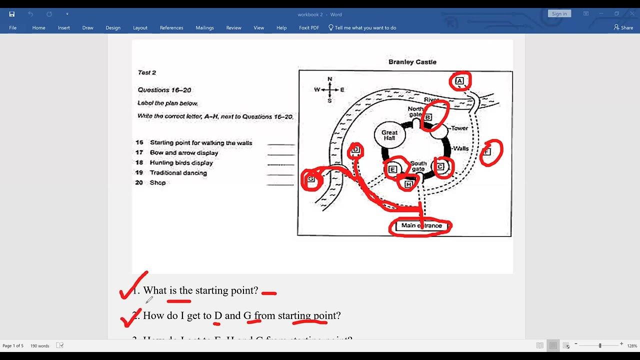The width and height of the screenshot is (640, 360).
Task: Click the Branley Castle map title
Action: [x=412, y=62]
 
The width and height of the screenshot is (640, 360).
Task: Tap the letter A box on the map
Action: [x=459, y=81]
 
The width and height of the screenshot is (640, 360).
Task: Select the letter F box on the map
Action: [x=487, y=151]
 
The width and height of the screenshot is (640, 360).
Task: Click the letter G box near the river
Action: [x=311, y=179]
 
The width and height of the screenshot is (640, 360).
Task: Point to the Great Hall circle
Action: [x=389, y=135]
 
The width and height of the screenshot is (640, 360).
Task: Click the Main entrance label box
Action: [x=421, y=225]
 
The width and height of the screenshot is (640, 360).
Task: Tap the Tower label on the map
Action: [x=459, y=128]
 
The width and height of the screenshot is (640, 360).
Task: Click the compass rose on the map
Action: [x=329, y=90]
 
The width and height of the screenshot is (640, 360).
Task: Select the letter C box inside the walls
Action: [x=440, y=167]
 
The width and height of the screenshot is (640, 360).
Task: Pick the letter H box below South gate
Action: [x=408, y=184]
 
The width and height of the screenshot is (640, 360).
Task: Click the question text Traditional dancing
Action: [x=178, y=173]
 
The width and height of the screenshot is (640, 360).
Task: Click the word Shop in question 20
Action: [x=157, y=183]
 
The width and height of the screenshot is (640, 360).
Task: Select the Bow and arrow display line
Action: [x=183, y=153]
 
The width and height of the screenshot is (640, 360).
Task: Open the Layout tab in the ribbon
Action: [x=140, y=28]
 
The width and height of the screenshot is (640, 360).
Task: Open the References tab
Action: [x=171, y=28]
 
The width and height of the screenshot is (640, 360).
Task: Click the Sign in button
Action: [x=559, y=14]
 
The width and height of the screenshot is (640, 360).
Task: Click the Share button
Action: [x=623, y=28]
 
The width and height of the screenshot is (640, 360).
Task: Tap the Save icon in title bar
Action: [x=12, y=14]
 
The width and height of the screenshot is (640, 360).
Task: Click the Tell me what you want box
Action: [x=365, y=28]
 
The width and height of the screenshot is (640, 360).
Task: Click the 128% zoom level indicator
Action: [x=632, y=346]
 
